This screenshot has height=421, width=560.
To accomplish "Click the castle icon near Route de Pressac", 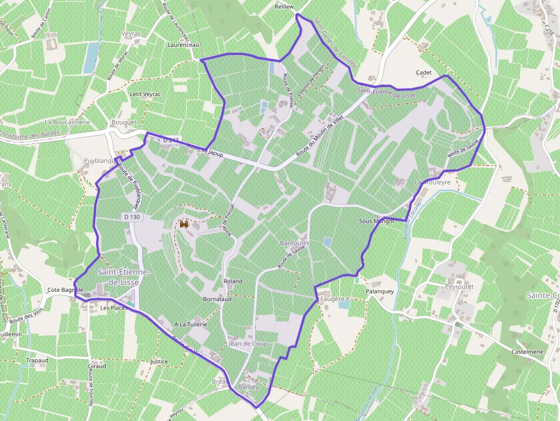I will [184, 225].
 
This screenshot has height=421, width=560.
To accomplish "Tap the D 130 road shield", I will [131, 217].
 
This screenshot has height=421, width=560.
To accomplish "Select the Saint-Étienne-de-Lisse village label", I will [123, 277].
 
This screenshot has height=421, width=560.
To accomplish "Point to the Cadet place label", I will [423, 73].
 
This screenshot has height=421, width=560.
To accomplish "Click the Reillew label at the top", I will [284, 6].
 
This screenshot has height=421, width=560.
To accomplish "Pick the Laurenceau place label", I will [183, 44].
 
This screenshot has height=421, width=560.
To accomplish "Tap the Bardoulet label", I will [294, 243].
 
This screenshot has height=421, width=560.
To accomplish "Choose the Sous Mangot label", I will [377, 221].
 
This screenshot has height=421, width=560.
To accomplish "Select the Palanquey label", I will [380, 291].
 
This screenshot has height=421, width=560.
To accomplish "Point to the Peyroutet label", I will [459, 286].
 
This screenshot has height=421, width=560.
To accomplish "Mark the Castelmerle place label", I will [527, 351].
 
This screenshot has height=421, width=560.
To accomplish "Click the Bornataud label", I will [217, 299].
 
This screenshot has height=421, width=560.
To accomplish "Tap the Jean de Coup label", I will [248, 344].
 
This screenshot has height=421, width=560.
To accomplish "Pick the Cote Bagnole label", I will [65, 290].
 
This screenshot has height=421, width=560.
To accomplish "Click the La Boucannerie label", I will [67, 122].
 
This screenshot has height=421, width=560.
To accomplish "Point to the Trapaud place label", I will [37, 360].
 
